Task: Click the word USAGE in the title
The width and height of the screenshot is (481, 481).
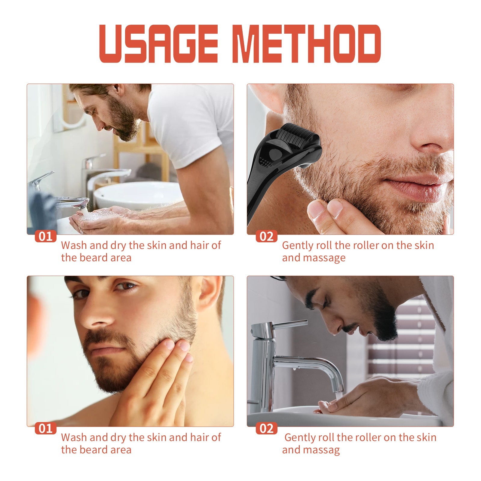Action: tap(158, 44)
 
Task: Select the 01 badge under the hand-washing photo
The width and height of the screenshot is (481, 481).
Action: tap(45, 236)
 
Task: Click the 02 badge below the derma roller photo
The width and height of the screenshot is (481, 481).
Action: tap(266, 236)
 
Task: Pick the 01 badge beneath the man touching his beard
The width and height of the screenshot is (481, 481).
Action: tap(45, 428)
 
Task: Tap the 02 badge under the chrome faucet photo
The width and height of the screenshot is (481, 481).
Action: tap(266, 428)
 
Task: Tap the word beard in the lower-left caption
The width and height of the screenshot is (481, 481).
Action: tap(96, 450)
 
